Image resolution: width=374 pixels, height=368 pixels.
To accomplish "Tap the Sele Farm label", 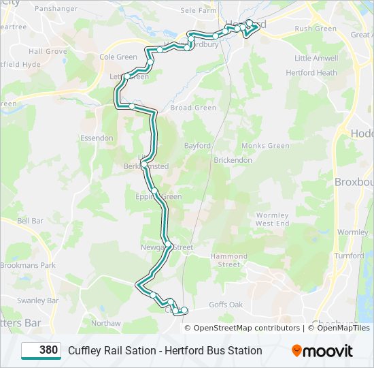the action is tap(198, 11).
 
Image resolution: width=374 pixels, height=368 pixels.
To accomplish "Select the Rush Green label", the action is tap(316, 29).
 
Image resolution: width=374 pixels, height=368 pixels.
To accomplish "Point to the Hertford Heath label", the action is tap(311, 73).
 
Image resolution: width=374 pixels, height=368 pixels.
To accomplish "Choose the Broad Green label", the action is tap(193, 108).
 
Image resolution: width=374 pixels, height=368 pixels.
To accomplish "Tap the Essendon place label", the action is tap(97, 138).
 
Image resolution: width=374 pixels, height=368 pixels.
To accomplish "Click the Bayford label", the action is tap(198, 146).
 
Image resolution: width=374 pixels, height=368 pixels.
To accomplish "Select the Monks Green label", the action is tap(265, 146).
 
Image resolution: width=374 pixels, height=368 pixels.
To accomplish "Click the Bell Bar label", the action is tap(30, 221).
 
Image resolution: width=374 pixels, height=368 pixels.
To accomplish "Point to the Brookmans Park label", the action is tap(28, 265).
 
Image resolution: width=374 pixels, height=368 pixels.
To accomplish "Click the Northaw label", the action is tap(105, 323).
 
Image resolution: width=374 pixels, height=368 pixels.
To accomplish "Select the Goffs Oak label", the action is tap(226, 305).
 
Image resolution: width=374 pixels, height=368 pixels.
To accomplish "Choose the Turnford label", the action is tap(350, 256).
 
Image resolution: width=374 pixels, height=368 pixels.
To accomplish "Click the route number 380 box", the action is tap(41, 350).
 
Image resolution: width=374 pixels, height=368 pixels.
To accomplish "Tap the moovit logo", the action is tap(322, 351).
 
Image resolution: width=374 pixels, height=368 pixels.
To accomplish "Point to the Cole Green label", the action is tap(118, 57).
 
